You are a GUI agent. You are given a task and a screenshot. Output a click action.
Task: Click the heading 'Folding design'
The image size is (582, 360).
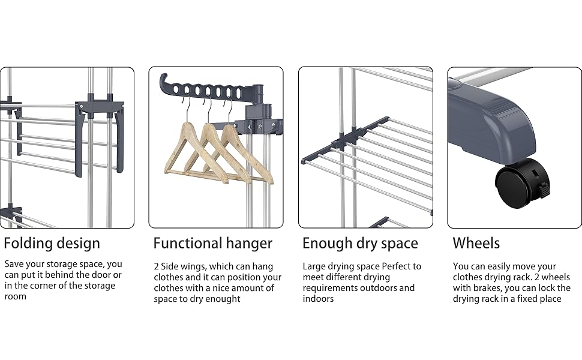pos(52,243)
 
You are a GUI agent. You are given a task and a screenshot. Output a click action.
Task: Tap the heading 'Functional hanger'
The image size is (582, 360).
pos(212,243)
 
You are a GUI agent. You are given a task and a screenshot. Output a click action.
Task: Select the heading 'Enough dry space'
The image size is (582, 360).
pos(360,243)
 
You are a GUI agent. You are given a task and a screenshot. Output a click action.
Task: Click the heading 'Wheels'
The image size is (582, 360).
pos(476,243)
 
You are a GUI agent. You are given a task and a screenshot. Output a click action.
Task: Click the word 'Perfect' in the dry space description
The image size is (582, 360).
pos(393,266)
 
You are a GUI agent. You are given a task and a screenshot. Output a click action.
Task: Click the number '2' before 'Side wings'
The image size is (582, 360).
pos(157,266)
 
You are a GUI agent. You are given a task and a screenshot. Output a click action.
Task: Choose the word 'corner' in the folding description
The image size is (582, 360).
pos(39,286)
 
